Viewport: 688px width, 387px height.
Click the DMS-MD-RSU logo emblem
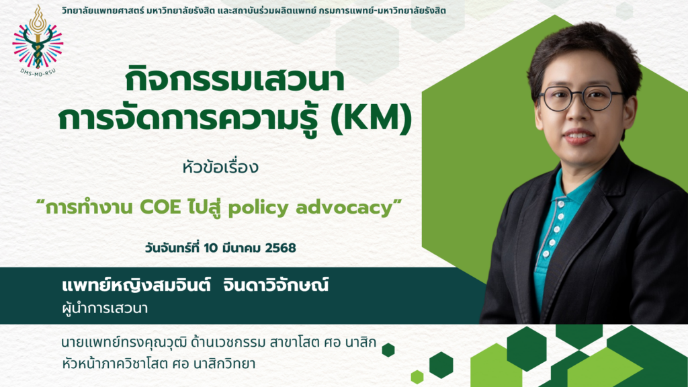click(x=38, y=40)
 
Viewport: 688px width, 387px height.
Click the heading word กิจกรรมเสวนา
click(x=234, y=81)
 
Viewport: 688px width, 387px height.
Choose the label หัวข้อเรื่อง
click(x=220, y=167)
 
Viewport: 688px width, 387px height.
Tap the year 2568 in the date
click(x=280, y=248)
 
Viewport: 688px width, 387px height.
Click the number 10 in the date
click(x=210, y=248)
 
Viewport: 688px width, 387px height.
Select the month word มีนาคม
click(x=241, y=248)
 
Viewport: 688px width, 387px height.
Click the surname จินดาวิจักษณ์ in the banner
click(x=275, y=286)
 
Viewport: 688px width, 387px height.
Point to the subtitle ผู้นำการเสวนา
click(x=105, y=308)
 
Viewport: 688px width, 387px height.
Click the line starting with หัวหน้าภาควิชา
click(x=159, y=363)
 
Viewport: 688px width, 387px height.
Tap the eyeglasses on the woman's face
click(x=580, y=97)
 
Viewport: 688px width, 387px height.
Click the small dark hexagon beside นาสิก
click(x=388, y=349)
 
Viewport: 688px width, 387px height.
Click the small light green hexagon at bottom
click(x=417, y=376)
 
